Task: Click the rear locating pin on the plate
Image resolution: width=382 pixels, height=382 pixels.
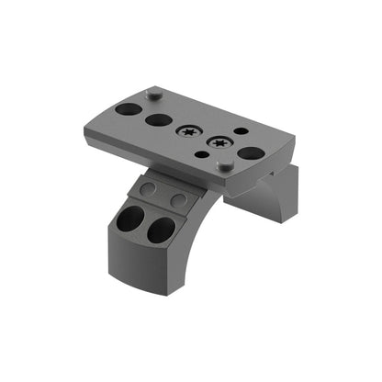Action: tap(155, 92)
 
